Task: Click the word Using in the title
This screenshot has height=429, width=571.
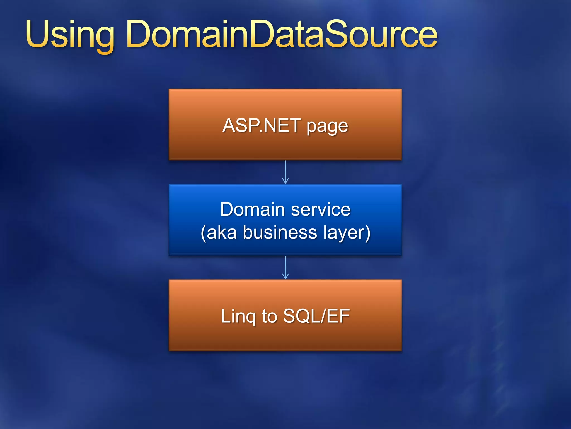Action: (70, 35)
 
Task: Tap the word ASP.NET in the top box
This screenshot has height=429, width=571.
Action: (262, 125)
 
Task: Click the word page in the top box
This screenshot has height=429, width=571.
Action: (327, 127)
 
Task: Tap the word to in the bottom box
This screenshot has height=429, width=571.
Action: (269, 316)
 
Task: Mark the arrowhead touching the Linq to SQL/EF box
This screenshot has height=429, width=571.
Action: (285, 277)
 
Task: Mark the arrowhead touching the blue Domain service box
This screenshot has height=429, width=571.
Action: (285, 182)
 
